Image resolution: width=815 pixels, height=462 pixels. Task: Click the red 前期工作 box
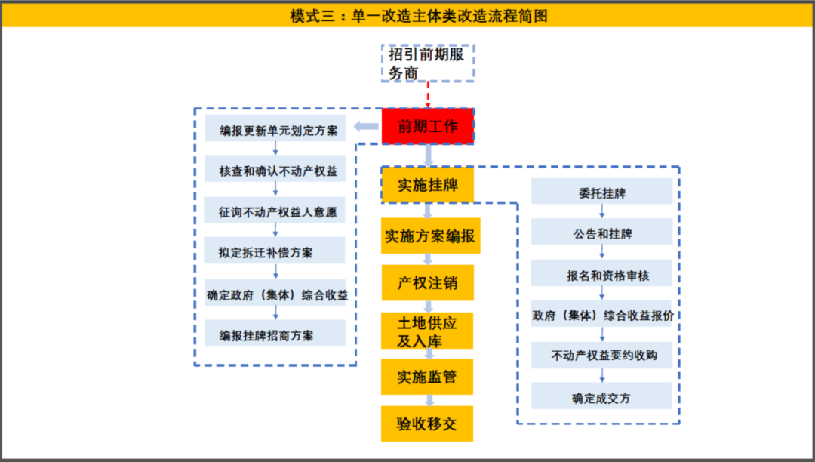[428, 126]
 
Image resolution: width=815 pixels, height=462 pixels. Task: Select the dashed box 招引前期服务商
[428, 63]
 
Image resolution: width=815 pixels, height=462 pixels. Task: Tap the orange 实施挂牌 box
[427, 185]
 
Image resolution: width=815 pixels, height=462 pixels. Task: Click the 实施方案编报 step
[430, 236]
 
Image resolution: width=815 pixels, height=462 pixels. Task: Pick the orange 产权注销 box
[427, 282]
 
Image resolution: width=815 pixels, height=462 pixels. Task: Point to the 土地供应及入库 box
[427, 331]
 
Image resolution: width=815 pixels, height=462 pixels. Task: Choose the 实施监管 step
[427, 377]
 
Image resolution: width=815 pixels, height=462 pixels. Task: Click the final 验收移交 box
[427, 423]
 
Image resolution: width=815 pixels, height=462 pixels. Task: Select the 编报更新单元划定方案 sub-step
[275, 128]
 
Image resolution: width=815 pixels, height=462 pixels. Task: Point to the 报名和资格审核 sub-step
[601, 273]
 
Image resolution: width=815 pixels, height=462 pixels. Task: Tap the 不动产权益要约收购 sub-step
[601, 356]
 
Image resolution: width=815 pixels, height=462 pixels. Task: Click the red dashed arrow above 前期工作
[428, 94]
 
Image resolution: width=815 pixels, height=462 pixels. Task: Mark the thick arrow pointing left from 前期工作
[366, 126]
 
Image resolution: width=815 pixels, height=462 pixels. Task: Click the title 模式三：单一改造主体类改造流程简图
[419, 16]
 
